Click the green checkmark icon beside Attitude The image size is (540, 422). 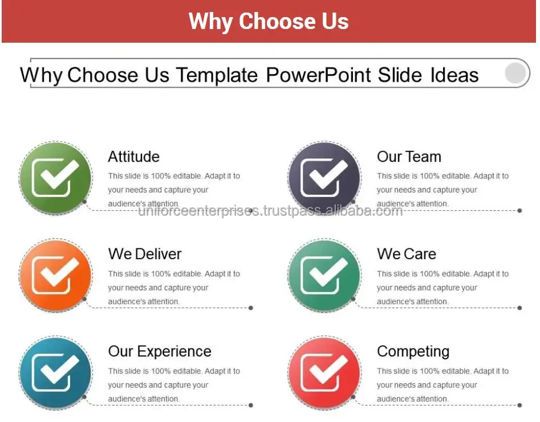pyautogui.click(x=55, y=178)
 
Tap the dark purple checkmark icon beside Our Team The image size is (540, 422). pyautogui.click(x=324, y=178)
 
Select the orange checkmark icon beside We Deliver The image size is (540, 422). pyautogui.click(x=55, y=275)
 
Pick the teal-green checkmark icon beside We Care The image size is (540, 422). pyautogui.click(x=324, y=275)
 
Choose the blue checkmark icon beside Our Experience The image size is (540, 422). pyautogui.click(x=55, y=373)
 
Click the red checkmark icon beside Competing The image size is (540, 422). pyautogui.click(x=324, y=373)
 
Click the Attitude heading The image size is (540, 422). pyautogui.click(x=133, y=157)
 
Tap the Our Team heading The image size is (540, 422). pyautogui.click(x=409, y=157)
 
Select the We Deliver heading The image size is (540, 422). pyautogui.click(x=145, y=254)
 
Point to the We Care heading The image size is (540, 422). pyautogui.click(x=407, y=254)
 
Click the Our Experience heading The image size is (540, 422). pyautogui.click(x=160, y=352)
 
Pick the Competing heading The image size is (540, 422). pyautogui.click(x=413, y=352)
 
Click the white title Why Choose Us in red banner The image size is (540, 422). pyautogui.click(x=269, y=21)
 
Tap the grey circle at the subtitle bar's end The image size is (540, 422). pyautogui.click(x=515, y=73)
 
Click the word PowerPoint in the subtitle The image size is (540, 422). pyautogui.click(x=319, y=75)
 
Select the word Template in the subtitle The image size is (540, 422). pyautogui.click(x=217, y=75)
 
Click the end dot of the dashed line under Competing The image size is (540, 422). pyautogui.click(x=519, y=405)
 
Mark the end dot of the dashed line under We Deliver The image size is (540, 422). pyautogui.click(x=251, y=308)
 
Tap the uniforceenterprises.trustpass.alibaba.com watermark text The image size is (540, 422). pyautogui.click(x=270, y=211)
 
